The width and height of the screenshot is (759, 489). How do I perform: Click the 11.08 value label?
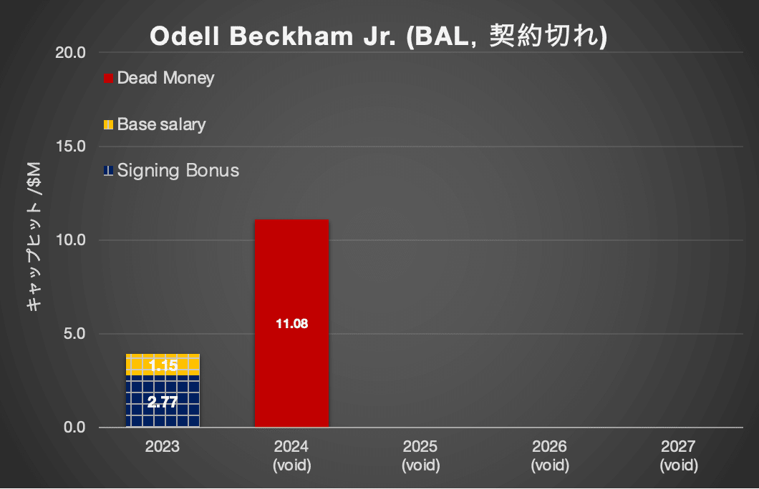click(x=291, y=324)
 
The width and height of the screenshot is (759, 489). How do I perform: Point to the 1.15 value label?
click(x=163, y=366)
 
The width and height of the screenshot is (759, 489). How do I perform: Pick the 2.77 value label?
click(x=163, y=402)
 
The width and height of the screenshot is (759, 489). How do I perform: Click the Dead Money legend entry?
click(x=165, y=78)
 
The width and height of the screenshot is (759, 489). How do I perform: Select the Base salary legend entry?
click(x=161, y=124)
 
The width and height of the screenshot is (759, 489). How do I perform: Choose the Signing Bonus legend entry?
click(x=178, y=171)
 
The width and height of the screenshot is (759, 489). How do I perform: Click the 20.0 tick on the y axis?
click(x=72, y=52)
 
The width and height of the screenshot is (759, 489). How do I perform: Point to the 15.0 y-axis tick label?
click(x=72, y=147)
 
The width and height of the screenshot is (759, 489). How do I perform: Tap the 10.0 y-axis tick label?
click(x=72, y=240)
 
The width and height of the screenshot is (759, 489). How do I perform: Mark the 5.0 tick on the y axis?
click(x=74, y=334)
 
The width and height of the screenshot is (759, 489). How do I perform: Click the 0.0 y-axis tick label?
click(x=74, y=428)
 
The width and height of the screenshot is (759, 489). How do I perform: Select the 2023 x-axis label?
click(x=163, y=447)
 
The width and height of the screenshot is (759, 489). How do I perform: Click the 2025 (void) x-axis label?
click(x=420, y=455)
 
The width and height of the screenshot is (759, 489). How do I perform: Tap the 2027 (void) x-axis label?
click(x=678, y=455)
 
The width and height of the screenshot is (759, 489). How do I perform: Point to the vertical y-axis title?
click(x=33, y=239)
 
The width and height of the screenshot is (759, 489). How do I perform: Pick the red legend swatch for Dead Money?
click(x=109, y=78)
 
